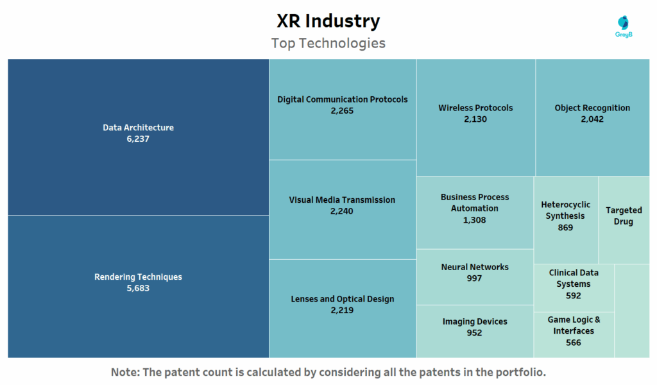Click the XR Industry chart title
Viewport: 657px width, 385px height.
pos(328,21)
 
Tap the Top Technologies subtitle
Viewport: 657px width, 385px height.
pos(328,43)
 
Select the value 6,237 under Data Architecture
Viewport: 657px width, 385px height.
pos(138,139)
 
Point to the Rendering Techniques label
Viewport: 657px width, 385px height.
pos(138,277)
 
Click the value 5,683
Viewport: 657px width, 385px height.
pos(138,288)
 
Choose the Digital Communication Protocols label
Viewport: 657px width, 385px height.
pos(342,99)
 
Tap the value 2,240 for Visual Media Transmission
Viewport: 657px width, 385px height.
pos(342,211)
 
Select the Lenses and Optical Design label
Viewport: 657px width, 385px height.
pos(342,299)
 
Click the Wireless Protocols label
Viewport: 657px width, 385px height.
pos(475,108)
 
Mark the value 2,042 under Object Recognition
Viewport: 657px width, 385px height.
pos(592,119)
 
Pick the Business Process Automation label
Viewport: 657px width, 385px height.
pos(475,203)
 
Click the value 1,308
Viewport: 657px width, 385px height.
pos(475,220)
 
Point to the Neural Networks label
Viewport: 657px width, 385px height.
pos(475,267)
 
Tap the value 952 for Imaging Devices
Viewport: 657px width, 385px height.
pos(475,332)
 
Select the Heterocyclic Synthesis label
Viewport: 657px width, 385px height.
pos(565,210)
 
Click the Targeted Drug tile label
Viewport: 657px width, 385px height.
pos(624,216)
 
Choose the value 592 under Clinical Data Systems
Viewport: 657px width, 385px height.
pos(574,296)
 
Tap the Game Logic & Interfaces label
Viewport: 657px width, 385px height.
pos(574,325)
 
